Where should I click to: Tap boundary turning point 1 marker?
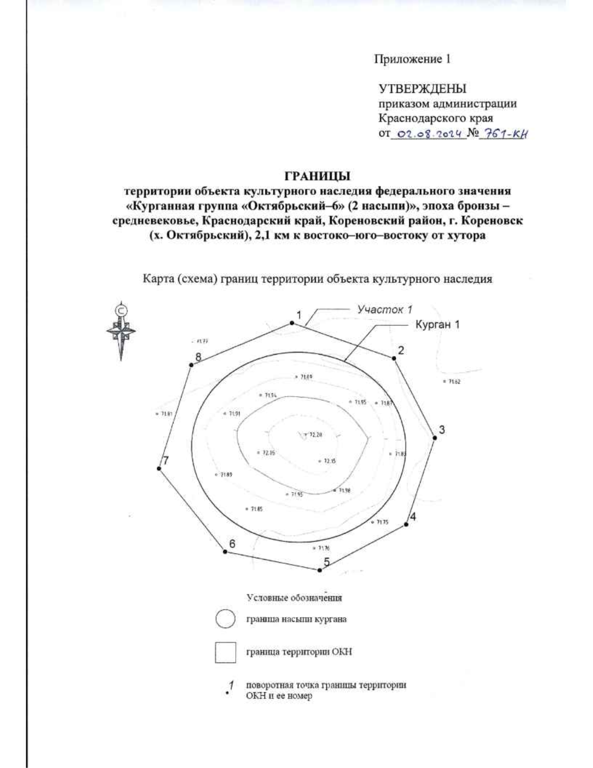292,323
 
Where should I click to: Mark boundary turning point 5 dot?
320,570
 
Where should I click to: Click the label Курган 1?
437,326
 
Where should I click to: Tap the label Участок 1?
384,310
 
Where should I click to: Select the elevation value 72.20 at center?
315,435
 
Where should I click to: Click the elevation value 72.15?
330,461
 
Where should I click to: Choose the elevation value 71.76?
323,548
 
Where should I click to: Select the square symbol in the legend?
225,652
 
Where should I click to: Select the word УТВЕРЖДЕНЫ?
423,90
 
